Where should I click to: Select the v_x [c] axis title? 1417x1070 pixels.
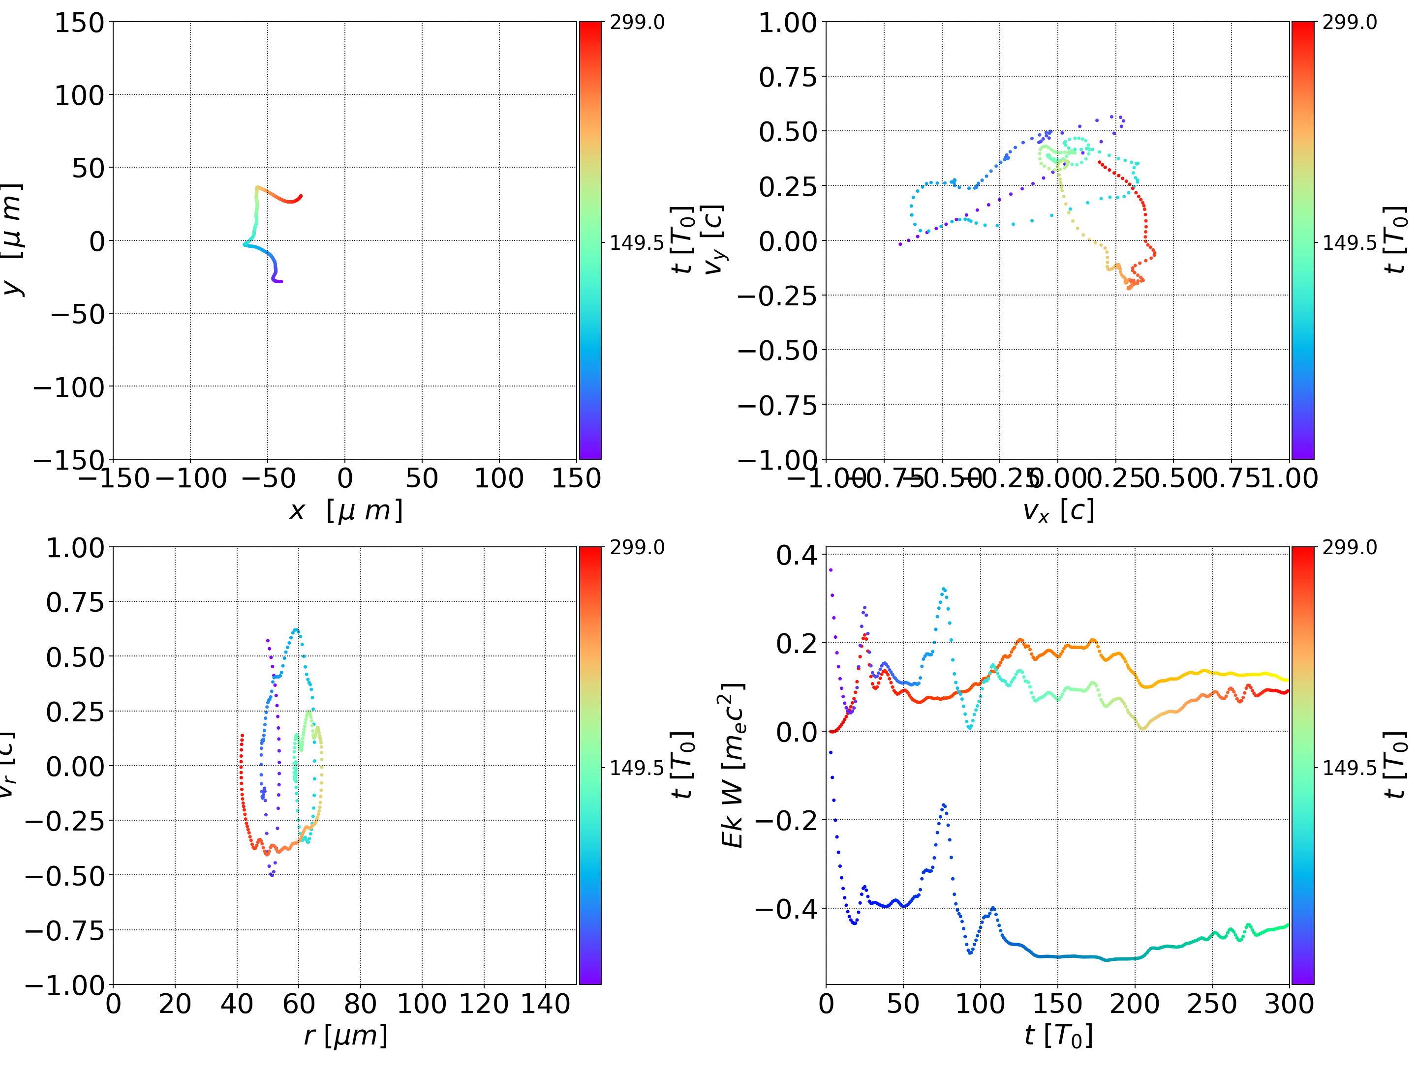point(1058,510)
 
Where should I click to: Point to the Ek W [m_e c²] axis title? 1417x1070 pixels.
point(733,765)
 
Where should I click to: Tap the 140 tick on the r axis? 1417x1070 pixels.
point(545,1004)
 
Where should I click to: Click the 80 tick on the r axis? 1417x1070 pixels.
point(360,1004)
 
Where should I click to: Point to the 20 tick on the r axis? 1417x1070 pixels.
point(175,1004)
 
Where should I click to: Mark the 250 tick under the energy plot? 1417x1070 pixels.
point(1211,1004)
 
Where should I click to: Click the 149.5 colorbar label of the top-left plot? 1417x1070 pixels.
point(637,243)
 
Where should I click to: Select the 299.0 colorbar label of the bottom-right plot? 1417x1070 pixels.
point(1349,547)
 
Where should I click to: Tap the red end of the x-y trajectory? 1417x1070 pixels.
point(301,197)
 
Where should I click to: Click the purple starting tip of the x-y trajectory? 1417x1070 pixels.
point(280,281)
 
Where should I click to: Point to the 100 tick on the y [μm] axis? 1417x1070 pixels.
point(79,95)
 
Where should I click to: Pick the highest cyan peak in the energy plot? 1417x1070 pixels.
point(944,589)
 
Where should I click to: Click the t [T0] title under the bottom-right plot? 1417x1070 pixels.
point(1058,1036)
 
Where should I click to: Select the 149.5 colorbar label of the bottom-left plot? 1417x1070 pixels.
point(637,767)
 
